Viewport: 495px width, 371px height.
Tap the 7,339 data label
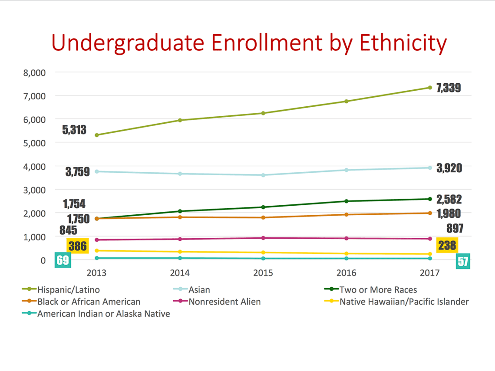(x=449, y=88)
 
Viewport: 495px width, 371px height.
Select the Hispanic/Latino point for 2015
(x=263, y=113)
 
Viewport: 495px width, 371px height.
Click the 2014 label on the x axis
(x=180, y=273)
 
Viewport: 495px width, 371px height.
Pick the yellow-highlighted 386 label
(x=78, y=246)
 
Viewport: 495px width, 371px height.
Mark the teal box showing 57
(x=463, y=262)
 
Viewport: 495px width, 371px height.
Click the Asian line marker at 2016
(x=346, y=170)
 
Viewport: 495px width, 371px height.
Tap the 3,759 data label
(x=78, y=172)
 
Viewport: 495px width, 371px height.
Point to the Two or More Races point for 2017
(x=430, y=199)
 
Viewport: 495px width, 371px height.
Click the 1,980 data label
(x=449, y=213)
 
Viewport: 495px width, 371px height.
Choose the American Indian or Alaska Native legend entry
(x=103, y=314)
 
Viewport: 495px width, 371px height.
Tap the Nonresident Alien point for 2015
(x=263, y=238)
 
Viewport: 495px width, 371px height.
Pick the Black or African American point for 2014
(x=180, y=217)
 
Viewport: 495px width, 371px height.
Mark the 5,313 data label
(x=74, y=129)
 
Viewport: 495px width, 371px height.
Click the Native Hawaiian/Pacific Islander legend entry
(x=404, y=302)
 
